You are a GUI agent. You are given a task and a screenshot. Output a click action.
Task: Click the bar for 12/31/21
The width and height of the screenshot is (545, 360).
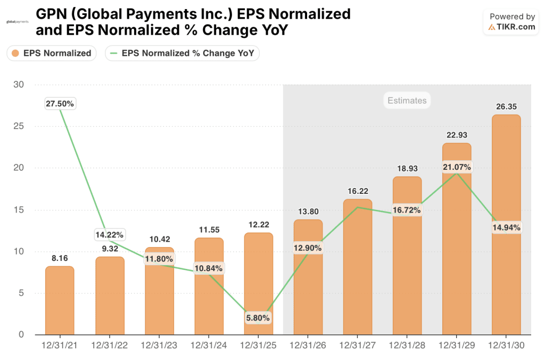point(60,300)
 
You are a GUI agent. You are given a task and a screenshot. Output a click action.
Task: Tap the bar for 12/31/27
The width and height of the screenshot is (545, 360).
point(357,267)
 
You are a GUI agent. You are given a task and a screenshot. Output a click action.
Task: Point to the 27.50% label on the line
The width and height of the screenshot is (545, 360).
point(60,104)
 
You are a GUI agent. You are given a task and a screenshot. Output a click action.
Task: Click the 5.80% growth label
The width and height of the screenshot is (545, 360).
point(258,318)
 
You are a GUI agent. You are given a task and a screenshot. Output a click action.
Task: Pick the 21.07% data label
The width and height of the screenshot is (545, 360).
point(457,167)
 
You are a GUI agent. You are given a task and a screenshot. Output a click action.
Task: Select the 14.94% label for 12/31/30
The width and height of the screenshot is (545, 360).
point(506,227)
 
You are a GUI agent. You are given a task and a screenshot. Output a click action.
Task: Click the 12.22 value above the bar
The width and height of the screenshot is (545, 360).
point(258,225)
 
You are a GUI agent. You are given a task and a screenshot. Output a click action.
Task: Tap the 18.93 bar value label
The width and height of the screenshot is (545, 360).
point(407,169)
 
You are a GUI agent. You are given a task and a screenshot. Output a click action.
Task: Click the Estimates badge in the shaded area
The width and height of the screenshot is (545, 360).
point(407,100)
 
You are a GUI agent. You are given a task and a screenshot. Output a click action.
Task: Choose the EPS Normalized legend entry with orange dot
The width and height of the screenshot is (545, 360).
point(52,53)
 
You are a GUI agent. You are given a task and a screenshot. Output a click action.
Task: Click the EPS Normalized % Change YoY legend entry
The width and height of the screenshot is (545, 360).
point(183,53)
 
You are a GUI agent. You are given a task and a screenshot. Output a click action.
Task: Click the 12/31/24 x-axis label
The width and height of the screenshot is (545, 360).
point(209,345)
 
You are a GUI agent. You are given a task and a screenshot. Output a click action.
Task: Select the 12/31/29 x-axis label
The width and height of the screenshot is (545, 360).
point(457,345)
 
